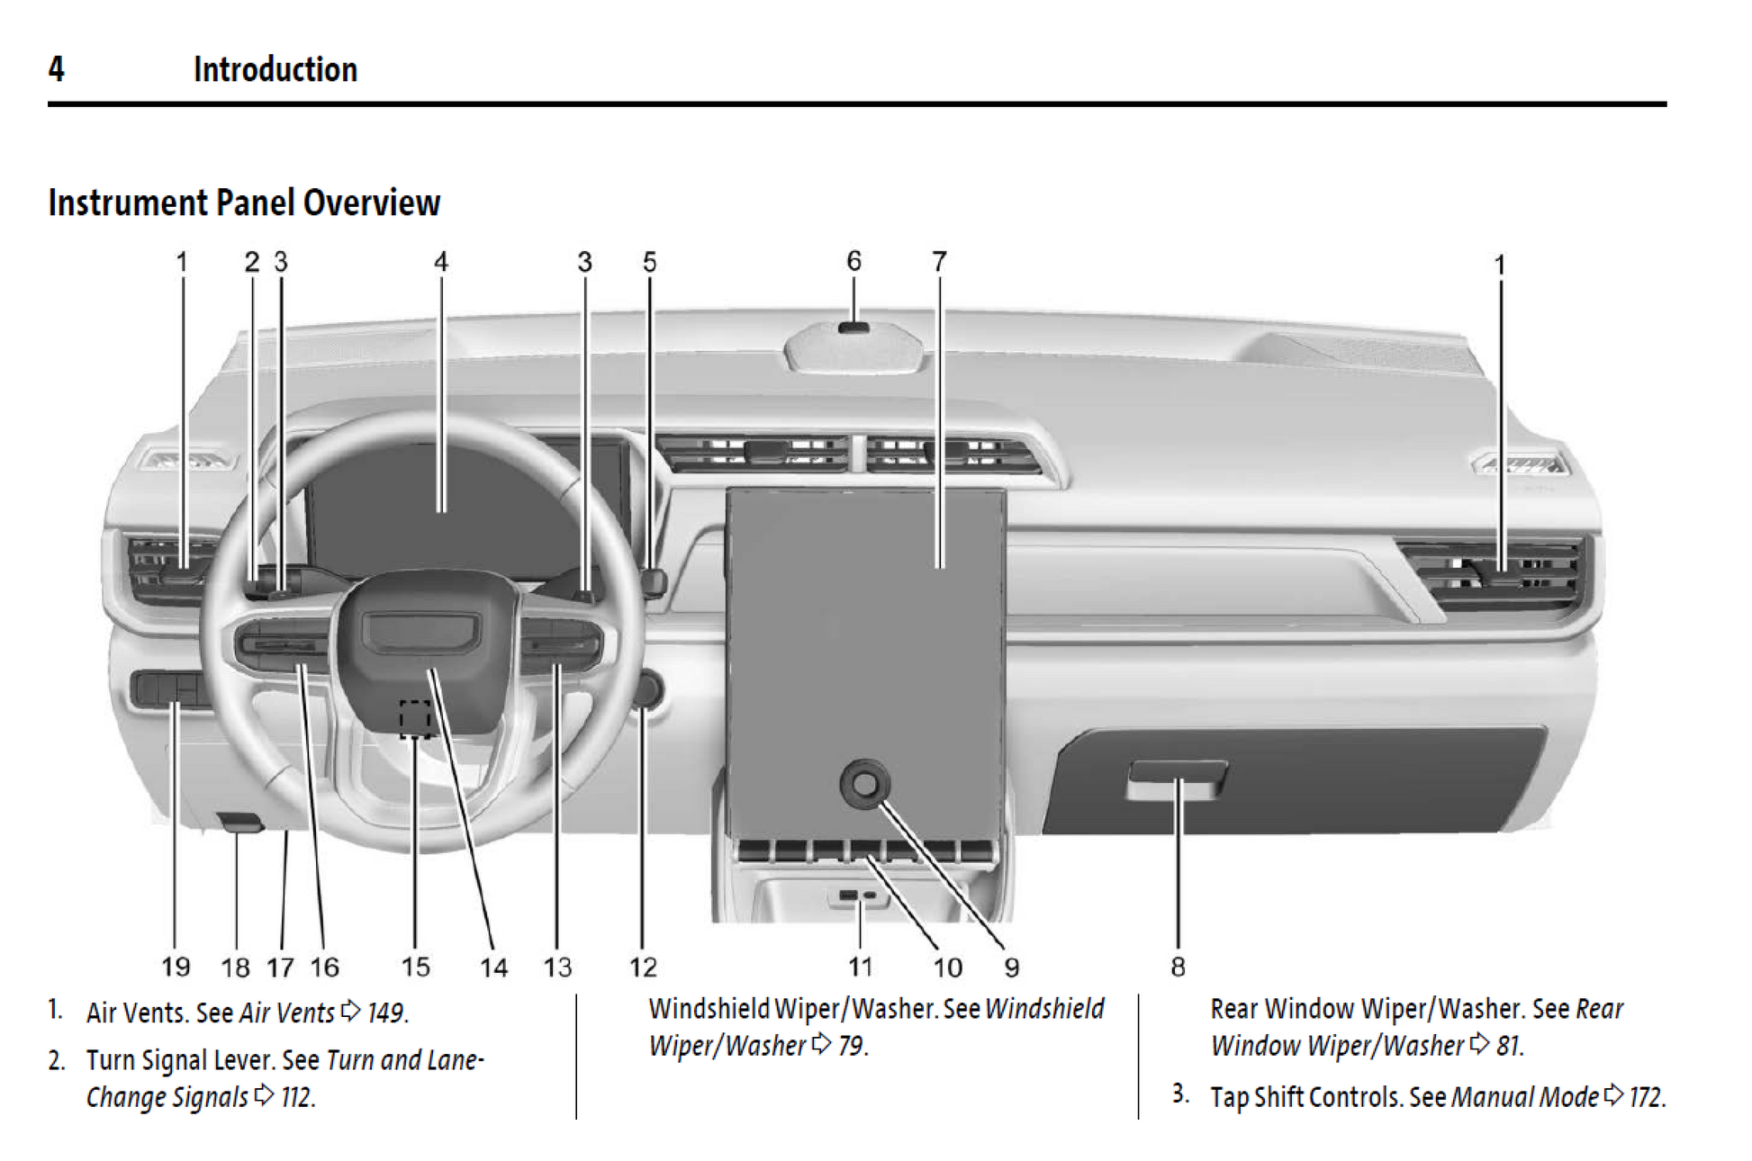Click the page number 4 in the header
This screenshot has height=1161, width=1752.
click(56, 69)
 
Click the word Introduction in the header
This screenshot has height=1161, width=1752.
click(275, 69)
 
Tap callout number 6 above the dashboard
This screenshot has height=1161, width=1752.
click(853, 261)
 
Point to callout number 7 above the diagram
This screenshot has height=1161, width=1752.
click(939, 261)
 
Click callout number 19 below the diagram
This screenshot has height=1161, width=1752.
click(176, 967)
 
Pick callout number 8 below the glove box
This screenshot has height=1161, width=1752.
click(1178, 967)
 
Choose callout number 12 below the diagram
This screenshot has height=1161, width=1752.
click(643, 967)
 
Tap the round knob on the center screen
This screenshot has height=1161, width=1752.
click(864, 783)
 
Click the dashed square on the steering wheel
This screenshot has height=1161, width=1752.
click(415, 718)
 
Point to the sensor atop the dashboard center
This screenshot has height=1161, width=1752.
click(853, 327)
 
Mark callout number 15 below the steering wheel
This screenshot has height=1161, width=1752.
click(415, 967)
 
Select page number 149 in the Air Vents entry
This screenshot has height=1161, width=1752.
click(385, 1012)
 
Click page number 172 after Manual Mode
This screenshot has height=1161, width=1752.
click(1646, 1097)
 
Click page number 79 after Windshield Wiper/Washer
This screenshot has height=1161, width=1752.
click(851, 1046)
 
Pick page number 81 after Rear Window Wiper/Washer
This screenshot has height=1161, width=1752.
click(1508, 1046)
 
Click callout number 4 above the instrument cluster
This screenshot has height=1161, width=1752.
click(440, 262)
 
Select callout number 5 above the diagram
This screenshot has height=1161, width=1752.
click(649, 262)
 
